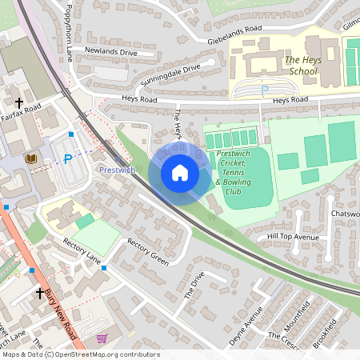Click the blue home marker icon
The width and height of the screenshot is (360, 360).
click(x=180, y=173)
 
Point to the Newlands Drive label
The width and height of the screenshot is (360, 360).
click(x=111, y=52)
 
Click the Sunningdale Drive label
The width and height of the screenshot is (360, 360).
click(x=170, y=70)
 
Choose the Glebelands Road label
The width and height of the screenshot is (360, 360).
click(x=234, y=30)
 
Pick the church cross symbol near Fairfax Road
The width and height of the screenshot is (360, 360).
click(x=19, y=102)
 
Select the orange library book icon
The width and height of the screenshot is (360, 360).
click(x=31, y=159)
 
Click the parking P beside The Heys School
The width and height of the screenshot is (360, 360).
click(x=265, y=89)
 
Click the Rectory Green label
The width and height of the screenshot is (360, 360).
click(x=149, y=253)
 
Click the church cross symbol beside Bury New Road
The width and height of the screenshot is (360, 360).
click(x=40, y=294)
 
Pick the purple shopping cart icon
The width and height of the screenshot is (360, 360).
click(x=102, y=339)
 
